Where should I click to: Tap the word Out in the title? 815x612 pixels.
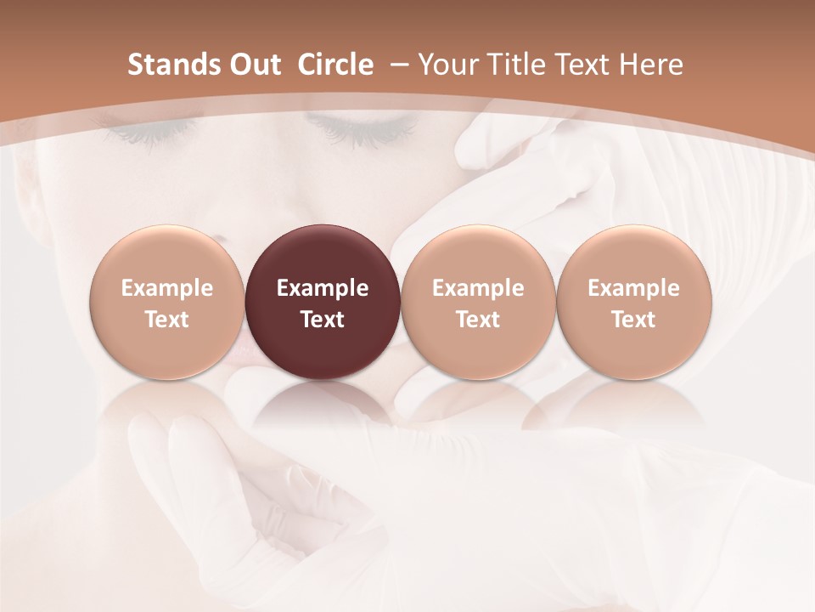253,65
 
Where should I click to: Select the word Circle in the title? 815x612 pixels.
335,65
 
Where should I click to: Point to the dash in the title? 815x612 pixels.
398,65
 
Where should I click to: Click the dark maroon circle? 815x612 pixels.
323,303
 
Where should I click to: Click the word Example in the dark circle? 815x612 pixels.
323,288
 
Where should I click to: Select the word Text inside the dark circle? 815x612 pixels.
323,320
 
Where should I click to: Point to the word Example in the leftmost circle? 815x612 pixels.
167,288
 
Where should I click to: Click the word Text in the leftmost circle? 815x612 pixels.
167,320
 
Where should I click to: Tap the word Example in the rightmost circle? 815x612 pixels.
633,288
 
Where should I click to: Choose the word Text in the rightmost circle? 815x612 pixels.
633,320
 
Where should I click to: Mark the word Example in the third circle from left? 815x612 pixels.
478,288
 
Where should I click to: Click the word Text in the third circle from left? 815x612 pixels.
478,320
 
